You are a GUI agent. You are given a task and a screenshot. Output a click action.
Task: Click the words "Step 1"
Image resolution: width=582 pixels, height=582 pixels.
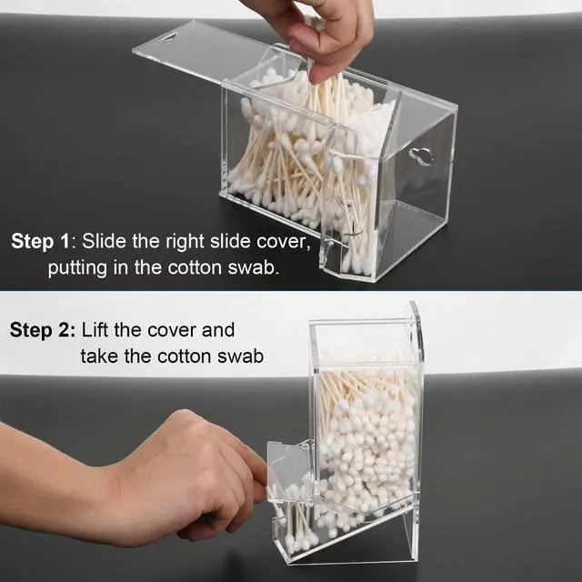(40, 242)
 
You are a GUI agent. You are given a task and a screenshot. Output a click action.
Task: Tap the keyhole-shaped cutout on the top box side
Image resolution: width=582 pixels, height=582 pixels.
(420, 156)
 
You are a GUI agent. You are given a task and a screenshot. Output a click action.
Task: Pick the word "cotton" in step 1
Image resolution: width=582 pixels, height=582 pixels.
(182, 269)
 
